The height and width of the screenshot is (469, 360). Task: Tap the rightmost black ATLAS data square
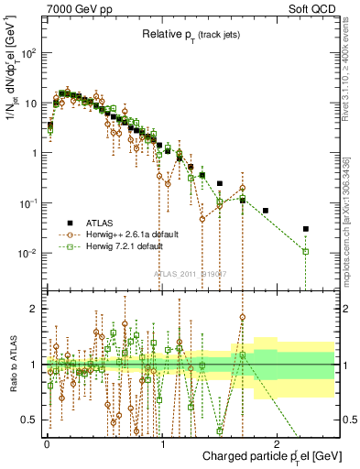coord(306,229)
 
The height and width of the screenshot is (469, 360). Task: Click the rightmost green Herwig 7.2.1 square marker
coord(306,251)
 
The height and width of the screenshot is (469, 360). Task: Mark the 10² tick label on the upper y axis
coord(29,53)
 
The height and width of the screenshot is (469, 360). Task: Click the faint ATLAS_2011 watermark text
coord(190,274)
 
